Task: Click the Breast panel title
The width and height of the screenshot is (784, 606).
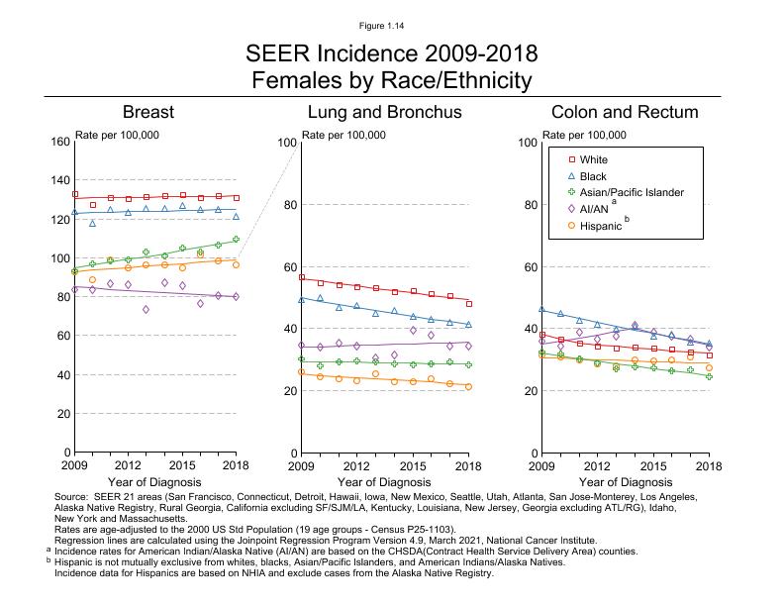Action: [x=154, y=112]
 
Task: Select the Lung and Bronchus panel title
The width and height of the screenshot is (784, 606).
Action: [x=385, y=112]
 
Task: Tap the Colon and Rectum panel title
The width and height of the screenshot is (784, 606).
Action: [x=625, y=112]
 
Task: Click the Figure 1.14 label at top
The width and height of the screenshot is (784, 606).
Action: [x=391, y=23]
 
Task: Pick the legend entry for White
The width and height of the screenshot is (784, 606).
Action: [x=594, y=159]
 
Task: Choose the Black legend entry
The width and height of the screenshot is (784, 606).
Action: [x=593, y=175]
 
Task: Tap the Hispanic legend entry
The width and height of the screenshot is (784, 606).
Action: [x=600, y=226]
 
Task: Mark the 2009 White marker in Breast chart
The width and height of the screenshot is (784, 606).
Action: [x=75, y=194]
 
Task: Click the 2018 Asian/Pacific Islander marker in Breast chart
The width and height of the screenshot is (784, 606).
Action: [x=236, y=239]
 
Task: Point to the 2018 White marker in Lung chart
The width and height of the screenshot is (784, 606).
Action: [x=468, y=304]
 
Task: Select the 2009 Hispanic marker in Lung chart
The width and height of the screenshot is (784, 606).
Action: [x=301, y=372]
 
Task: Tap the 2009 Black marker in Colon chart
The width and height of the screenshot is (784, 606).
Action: [x=541, y=310]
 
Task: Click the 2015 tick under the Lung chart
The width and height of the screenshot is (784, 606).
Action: [x=413, y=464]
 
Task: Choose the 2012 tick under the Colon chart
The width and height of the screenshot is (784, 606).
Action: [x=597, y=464]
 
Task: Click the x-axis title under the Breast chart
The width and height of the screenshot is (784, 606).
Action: [x=154, y=482]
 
